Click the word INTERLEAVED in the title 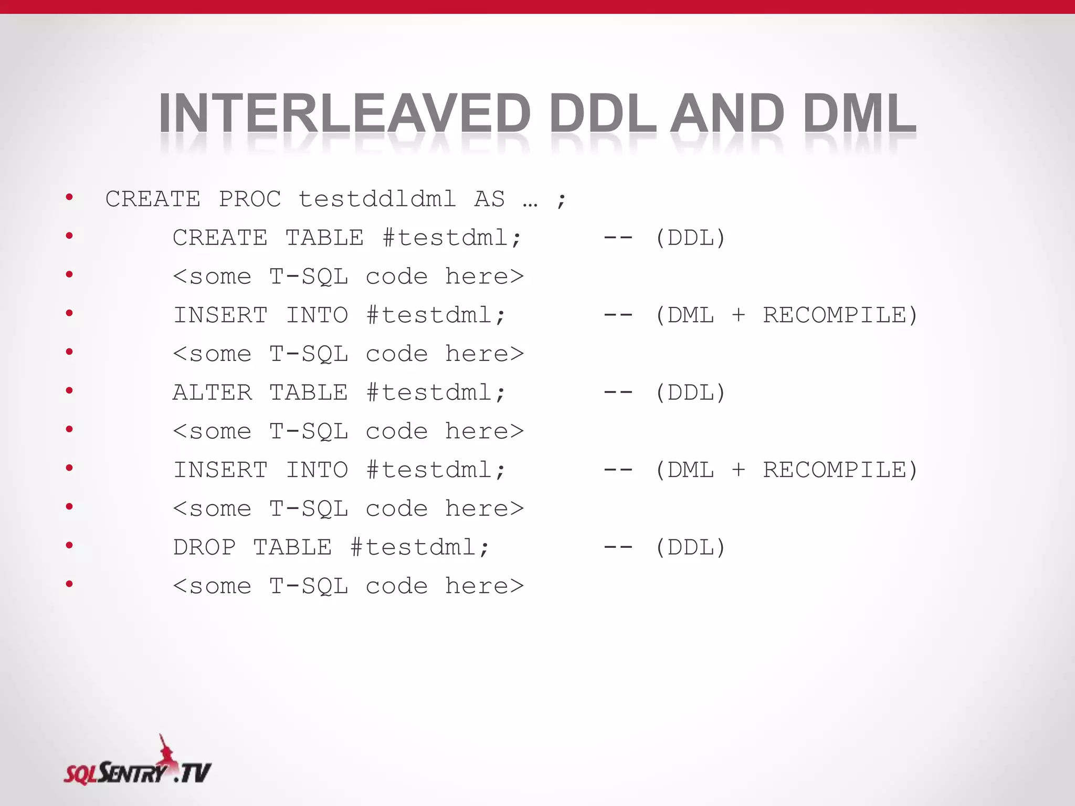(x=344, y=113)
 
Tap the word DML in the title (x=859, y=113)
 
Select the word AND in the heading (x=727, y=113)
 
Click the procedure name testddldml (x=377, y=199)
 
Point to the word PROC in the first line (x=250, y=199)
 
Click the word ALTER (x=213, y=393)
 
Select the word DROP (x=204, y=547)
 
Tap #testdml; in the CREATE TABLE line (x=452, y=238)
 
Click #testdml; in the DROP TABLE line (x=420, y=547)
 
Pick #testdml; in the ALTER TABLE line (x=436, y=393)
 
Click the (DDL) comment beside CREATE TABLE (x=690, y=238)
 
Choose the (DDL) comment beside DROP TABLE (x=690, y=547)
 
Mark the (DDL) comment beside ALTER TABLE (x=690, y=393)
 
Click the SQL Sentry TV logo (x=138, y=763)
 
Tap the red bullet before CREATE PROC (x=69, y=197)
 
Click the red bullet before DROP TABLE (x=69, y=545)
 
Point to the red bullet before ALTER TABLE (x=69, y=390)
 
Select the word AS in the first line (x=489, y=199)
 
